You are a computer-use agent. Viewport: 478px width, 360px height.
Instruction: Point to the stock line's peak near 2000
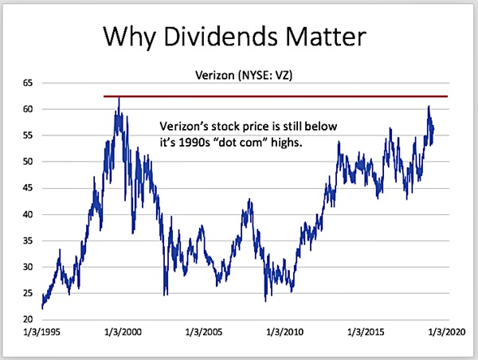(x=119, y=98)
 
